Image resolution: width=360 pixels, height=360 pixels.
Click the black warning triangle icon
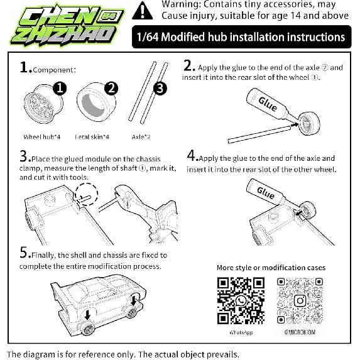[x=143, y=11]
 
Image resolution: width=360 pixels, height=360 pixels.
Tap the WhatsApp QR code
[x=241, y=300]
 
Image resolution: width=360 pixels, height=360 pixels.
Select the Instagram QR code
[x=300, y=300]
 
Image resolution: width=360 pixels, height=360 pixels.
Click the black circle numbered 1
[x=60, y=89]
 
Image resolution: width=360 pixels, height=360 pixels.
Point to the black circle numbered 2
[x=111, y=89]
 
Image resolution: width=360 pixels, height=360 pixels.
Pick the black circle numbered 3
[x=160, y=89]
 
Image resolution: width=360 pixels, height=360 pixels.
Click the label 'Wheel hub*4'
[x=42, y=137]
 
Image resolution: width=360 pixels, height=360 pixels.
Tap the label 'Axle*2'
[x=141, y=137]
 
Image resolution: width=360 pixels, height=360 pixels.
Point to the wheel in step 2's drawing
[x=309, y=123]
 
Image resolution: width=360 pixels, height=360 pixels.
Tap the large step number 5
[x=24, y=253]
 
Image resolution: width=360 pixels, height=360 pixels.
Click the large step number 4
[x=192, y=155]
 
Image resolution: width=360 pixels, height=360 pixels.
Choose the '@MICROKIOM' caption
[x=300, y=332]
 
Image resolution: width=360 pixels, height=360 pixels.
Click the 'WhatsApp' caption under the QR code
[x=241, y=332]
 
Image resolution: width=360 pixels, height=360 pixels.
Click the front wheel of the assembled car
[x=88, y=329]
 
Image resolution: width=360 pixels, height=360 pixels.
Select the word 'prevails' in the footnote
[x=221, y=354]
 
